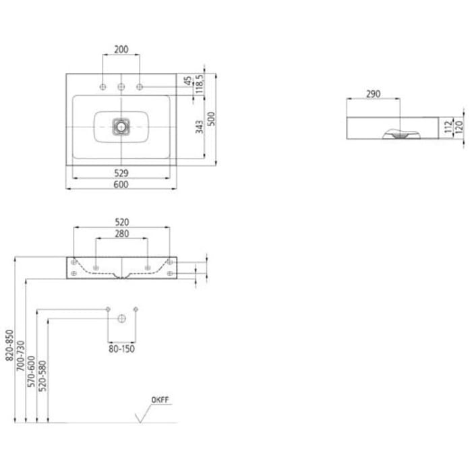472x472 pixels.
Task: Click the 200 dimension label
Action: [x=121, y=49]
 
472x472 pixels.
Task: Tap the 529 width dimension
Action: [x=121, y=173]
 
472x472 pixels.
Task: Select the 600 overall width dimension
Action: [x=121, y=185]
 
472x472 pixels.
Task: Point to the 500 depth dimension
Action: [x=212, y=119]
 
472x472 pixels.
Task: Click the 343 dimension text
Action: [x=200, y=127]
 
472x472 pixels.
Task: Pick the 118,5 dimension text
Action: [x=200, y=84]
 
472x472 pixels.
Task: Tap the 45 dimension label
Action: [x=188, y=81]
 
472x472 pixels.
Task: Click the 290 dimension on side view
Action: [x=374, y=94]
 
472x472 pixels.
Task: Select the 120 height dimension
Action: [x=459, y=127]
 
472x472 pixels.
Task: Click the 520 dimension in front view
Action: [x=122, y=222]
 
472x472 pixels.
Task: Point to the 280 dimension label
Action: [x=122, y=233]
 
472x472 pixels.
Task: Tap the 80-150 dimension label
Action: [x=121, y=349]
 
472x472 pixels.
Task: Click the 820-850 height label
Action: [x=9, y=345]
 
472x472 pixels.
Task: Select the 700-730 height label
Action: [x=20, y=355]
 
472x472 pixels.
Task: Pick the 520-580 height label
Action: [x=42, y=376]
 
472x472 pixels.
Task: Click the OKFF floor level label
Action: [x=160, y=400]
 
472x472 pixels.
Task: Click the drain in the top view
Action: [x=121, y=127]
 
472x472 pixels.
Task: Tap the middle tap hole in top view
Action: [x=121, y=87]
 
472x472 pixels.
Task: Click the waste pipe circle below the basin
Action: [x=121, y=318]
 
